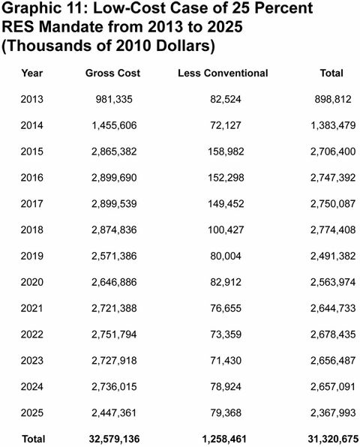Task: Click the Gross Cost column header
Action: pyautogui.click(x=112, y=73)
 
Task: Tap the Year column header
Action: pyautogui.click(x=33, y=73)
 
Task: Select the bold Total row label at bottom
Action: pyautogui.click(x=33, y=438)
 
